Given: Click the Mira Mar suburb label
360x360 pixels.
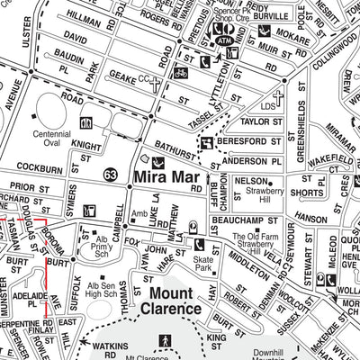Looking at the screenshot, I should [x=167, y=176].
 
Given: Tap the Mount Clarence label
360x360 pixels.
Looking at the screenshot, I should [x=163, y=299].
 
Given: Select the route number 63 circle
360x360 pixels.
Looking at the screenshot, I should [x=111, y=175].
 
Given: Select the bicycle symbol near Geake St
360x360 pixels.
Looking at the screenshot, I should [x=181, y=72].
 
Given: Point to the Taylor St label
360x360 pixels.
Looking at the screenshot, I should [x=261, y=121].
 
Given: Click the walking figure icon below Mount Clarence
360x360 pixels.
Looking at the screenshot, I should [x=164, y=339].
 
